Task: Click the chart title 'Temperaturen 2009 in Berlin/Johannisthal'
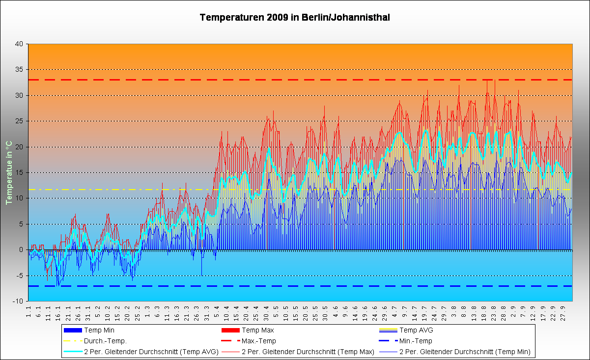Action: coord(295,18)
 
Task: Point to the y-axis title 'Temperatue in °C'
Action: coord(8,172)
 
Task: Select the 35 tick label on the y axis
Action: coord(19,69)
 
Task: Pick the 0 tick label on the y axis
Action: coord(21,249)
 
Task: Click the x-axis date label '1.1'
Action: coord(28,311)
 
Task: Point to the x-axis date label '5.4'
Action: coord(216,311)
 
